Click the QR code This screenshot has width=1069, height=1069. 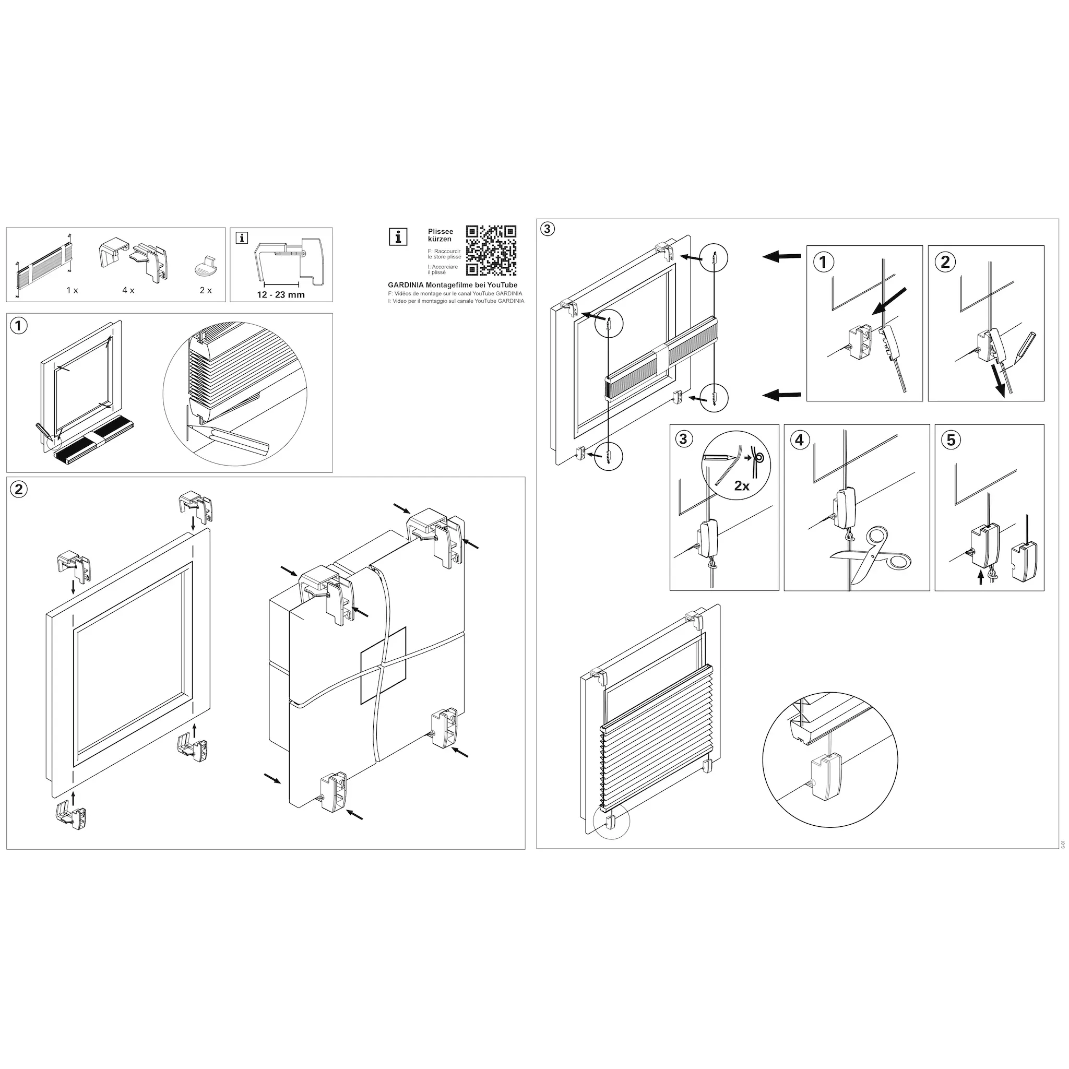[x=491, y=250]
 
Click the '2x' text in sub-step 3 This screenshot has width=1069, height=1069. [x=741, y=486]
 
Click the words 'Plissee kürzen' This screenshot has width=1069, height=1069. [x=441, y=235]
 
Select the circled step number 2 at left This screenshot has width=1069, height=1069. [x=19, y=489]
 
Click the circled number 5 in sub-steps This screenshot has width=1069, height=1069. [x=951, y=440]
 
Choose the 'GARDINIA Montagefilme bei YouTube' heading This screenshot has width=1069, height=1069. [x=453, y=285]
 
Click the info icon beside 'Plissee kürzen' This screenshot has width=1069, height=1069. [x=398, y=237]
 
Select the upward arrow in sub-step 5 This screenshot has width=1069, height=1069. [x=981, y=578]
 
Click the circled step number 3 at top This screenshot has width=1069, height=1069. [x=547, y=229]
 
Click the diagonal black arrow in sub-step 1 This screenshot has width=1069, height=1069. [x=889, y=302]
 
